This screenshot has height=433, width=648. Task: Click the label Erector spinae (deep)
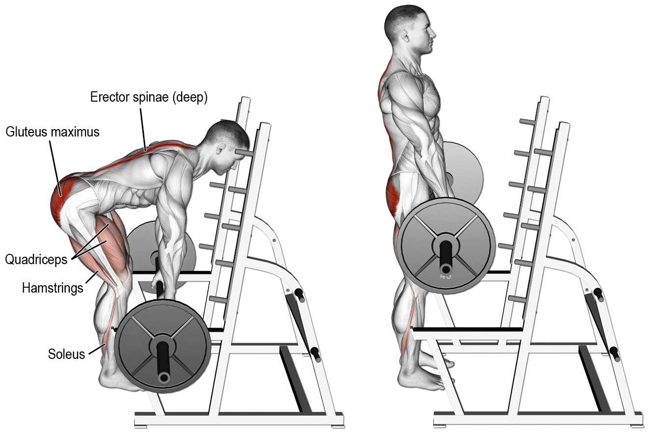(x=149, y=97)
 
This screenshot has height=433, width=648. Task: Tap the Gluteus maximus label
(x=53, y=132)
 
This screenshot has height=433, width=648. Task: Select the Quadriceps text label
(x=36, y=259)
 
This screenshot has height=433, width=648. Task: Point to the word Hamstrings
(x=53, y=288)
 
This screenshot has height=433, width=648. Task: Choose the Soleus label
(x=66, y=353)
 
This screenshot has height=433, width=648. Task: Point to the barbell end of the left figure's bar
(x=163, y=377)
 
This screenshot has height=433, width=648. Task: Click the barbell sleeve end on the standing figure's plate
(x=446, y=269)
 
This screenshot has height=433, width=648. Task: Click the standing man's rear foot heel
(x=404, y=380)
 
